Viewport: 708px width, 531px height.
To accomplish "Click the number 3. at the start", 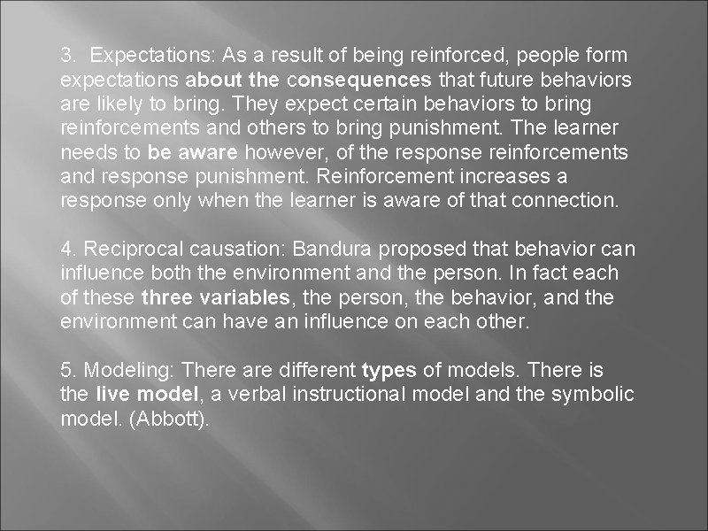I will coord(68,56).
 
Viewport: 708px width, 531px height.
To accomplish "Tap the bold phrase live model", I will coord(133,393).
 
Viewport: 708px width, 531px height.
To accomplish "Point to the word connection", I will coord(572,200).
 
